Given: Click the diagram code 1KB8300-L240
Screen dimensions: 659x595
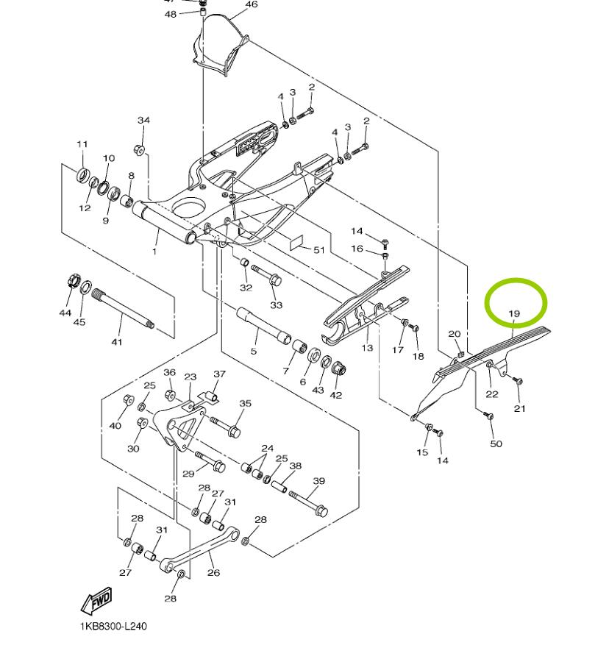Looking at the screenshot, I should [x=113, y=627].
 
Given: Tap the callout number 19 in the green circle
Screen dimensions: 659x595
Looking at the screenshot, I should [x=514, y=314].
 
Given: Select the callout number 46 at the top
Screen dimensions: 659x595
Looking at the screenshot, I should [x=252, y=4].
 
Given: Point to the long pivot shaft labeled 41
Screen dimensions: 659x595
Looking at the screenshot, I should [x=121, y=308].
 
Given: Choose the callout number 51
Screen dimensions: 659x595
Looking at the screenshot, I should [x=318, y=250].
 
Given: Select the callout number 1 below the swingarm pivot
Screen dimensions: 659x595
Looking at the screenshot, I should [x=155, y=252].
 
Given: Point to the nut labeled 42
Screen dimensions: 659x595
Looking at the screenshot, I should [x=339, y=367].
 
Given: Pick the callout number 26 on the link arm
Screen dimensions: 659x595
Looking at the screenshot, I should [x=214, y=573].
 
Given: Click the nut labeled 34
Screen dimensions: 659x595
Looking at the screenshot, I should [x=138, y=150].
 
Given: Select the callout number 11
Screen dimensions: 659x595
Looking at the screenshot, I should [x=82, y=144].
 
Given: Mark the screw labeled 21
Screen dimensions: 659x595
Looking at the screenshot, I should [x=516, y=382].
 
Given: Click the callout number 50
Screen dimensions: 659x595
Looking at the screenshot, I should [x=496, y=444].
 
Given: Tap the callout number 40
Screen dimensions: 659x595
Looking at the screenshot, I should [x=115, y=426].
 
